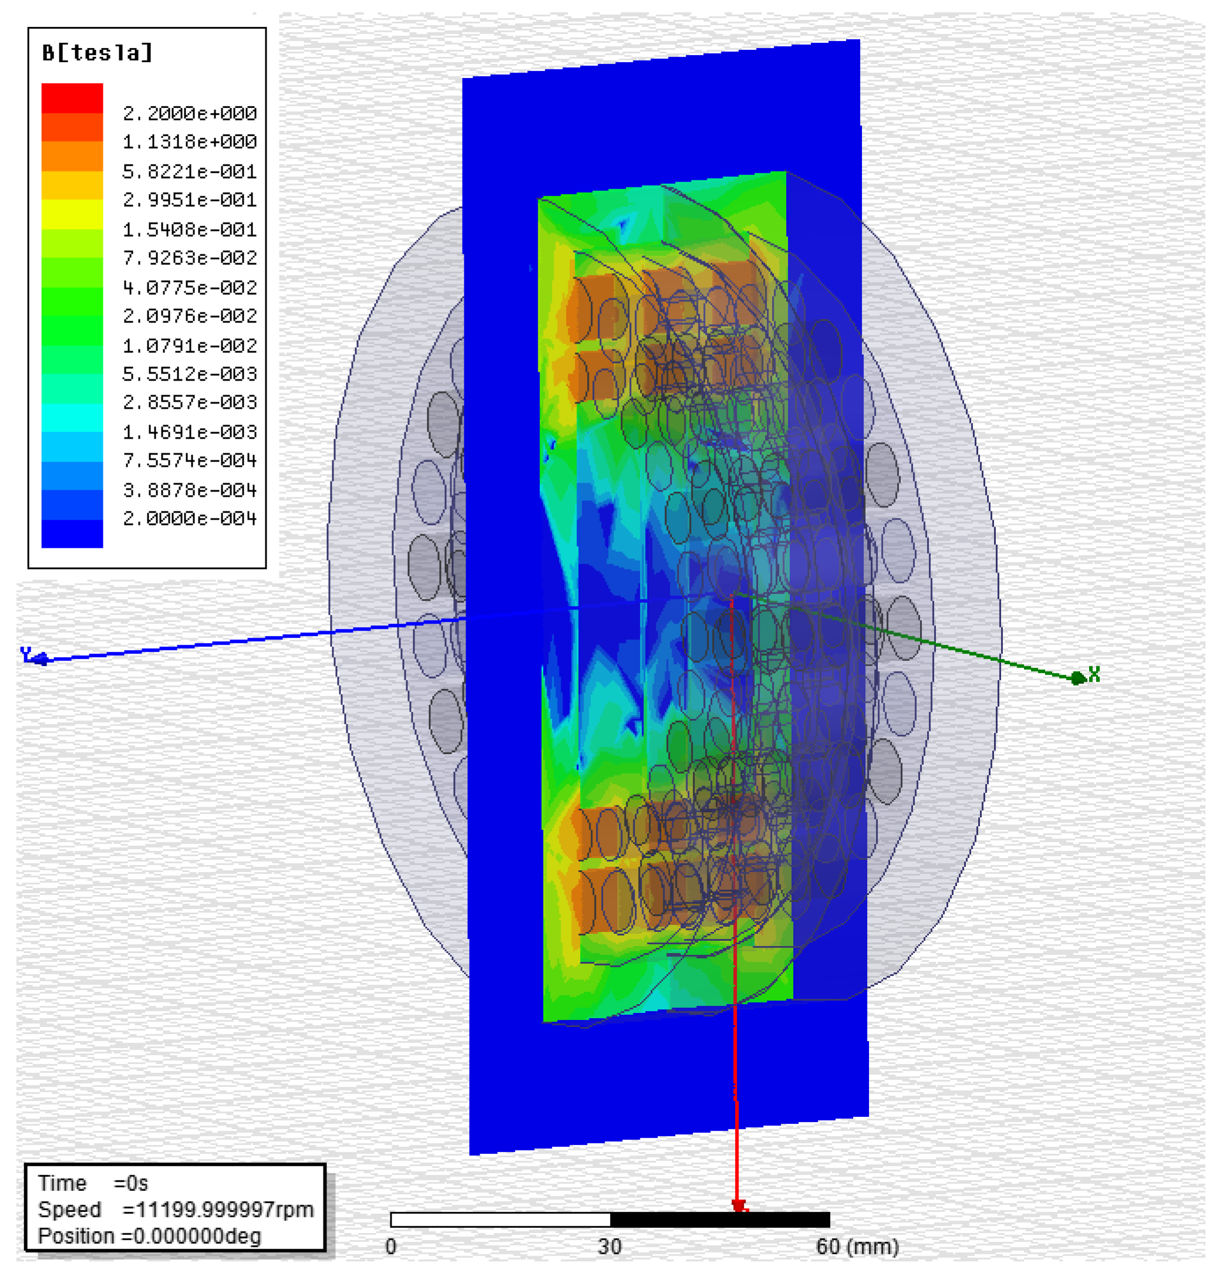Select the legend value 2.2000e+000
click(x=190, y=113)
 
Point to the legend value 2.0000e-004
click(x=190, y=519)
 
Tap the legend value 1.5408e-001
click(x=190, y=230)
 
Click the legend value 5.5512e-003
click(x=190, y=373)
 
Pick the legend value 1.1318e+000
click(x=190, y=142)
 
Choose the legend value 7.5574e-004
click(x=190, y=460)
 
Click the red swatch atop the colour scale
click(x=72, y=99)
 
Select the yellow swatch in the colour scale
click(x=72, y=214)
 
